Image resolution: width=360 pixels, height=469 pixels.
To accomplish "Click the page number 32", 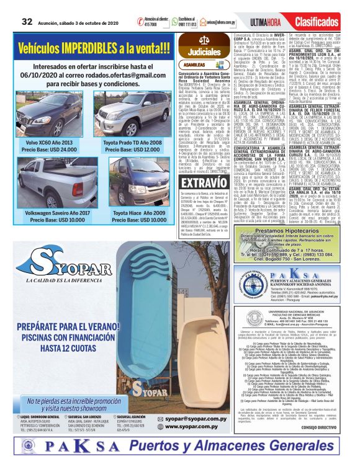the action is (27, 20).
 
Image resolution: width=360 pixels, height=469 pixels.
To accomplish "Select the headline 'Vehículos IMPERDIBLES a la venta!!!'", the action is (91, 48).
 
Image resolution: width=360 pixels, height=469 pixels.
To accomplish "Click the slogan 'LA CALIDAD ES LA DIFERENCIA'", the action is (59, 280).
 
